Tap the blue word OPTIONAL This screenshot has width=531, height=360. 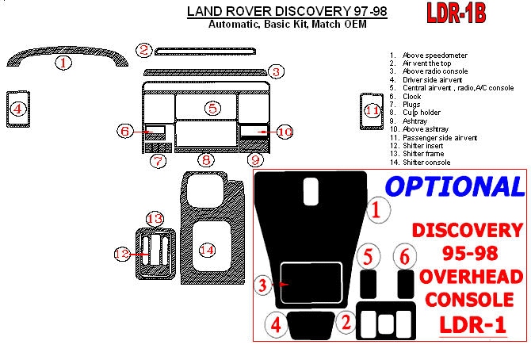point(454,186)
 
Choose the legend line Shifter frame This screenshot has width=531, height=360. point(424,154)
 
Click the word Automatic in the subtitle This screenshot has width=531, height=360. point(232,25)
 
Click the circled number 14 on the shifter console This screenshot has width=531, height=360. point(207,250)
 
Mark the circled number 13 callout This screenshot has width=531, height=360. point(154,218)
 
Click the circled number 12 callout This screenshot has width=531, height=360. point(121,254)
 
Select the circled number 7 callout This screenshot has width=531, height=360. point(159,161)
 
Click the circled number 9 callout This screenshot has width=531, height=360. point(254,160)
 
